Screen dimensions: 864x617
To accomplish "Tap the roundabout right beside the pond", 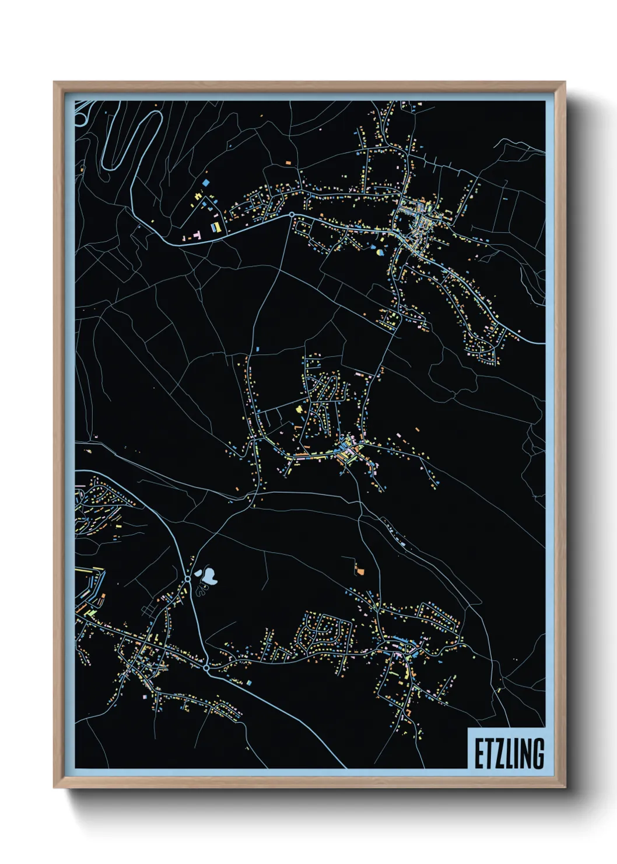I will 188,579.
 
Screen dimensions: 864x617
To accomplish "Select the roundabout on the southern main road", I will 206,667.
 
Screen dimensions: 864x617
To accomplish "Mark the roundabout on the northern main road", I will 292,215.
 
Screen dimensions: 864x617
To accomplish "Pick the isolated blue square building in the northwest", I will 205,183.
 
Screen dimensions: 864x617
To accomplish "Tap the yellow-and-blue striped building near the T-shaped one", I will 216,227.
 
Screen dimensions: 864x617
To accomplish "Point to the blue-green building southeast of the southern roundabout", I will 249,682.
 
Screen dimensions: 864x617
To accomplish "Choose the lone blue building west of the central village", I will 257,349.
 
